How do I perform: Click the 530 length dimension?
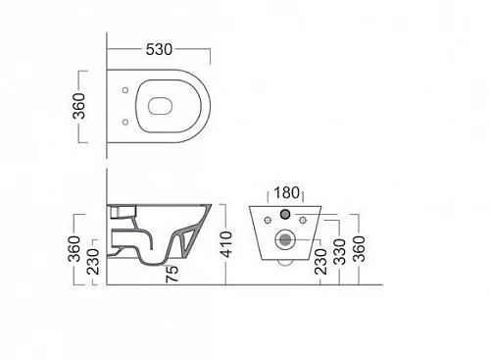(159, 50)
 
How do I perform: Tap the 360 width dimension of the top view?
(79, 106)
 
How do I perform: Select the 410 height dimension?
(226, 244)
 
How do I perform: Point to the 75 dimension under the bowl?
(172, 274)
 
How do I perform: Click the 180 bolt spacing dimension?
(286, 193)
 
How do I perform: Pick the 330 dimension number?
(340, 252)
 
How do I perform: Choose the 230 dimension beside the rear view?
(321, 262)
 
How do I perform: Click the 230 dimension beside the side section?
(93, 262)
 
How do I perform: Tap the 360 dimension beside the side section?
(74, 249)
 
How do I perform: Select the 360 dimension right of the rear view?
(360, 249)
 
